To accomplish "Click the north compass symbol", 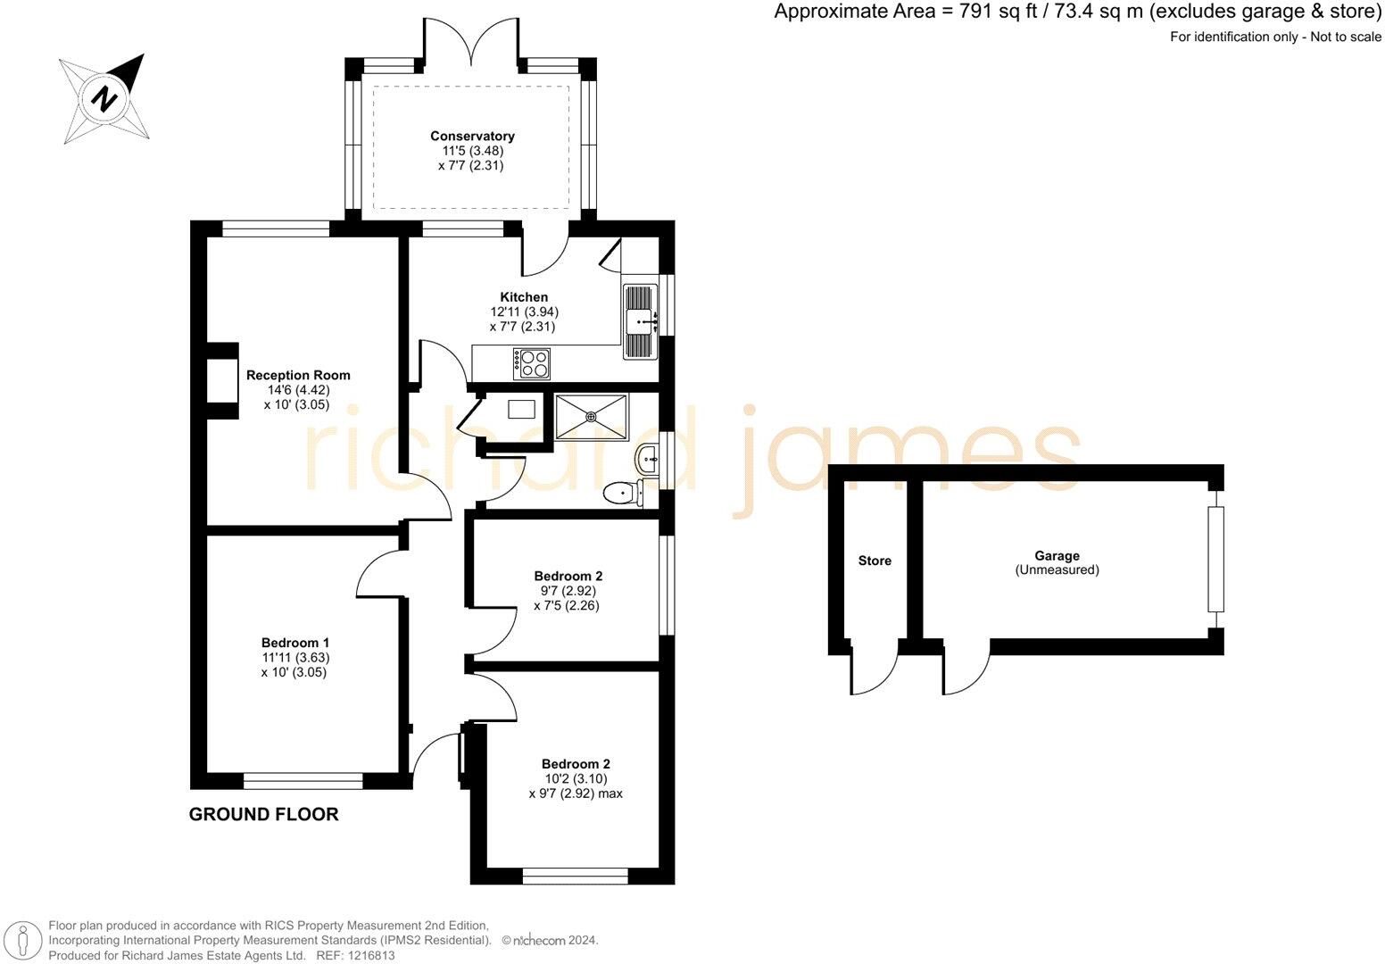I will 104,97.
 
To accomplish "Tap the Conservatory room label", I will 472,136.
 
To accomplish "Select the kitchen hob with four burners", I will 531,363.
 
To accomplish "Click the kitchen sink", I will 639,320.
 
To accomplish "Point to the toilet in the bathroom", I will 621,492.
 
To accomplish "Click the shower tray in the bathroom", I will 591,416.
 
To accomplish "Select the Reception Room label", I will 298,375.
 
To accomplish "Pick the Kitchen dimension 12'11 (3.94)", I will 524,312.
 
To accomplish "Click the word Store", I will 875,561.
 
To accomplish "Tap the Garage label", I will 1057,555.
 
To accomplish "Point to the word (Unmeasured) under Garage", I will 1057,569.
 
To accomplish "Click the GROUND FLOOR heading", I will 263,814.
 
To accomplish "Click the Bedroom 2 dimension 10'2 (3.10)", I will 576,778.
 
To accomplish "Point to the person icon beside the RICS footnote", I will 24,940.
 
